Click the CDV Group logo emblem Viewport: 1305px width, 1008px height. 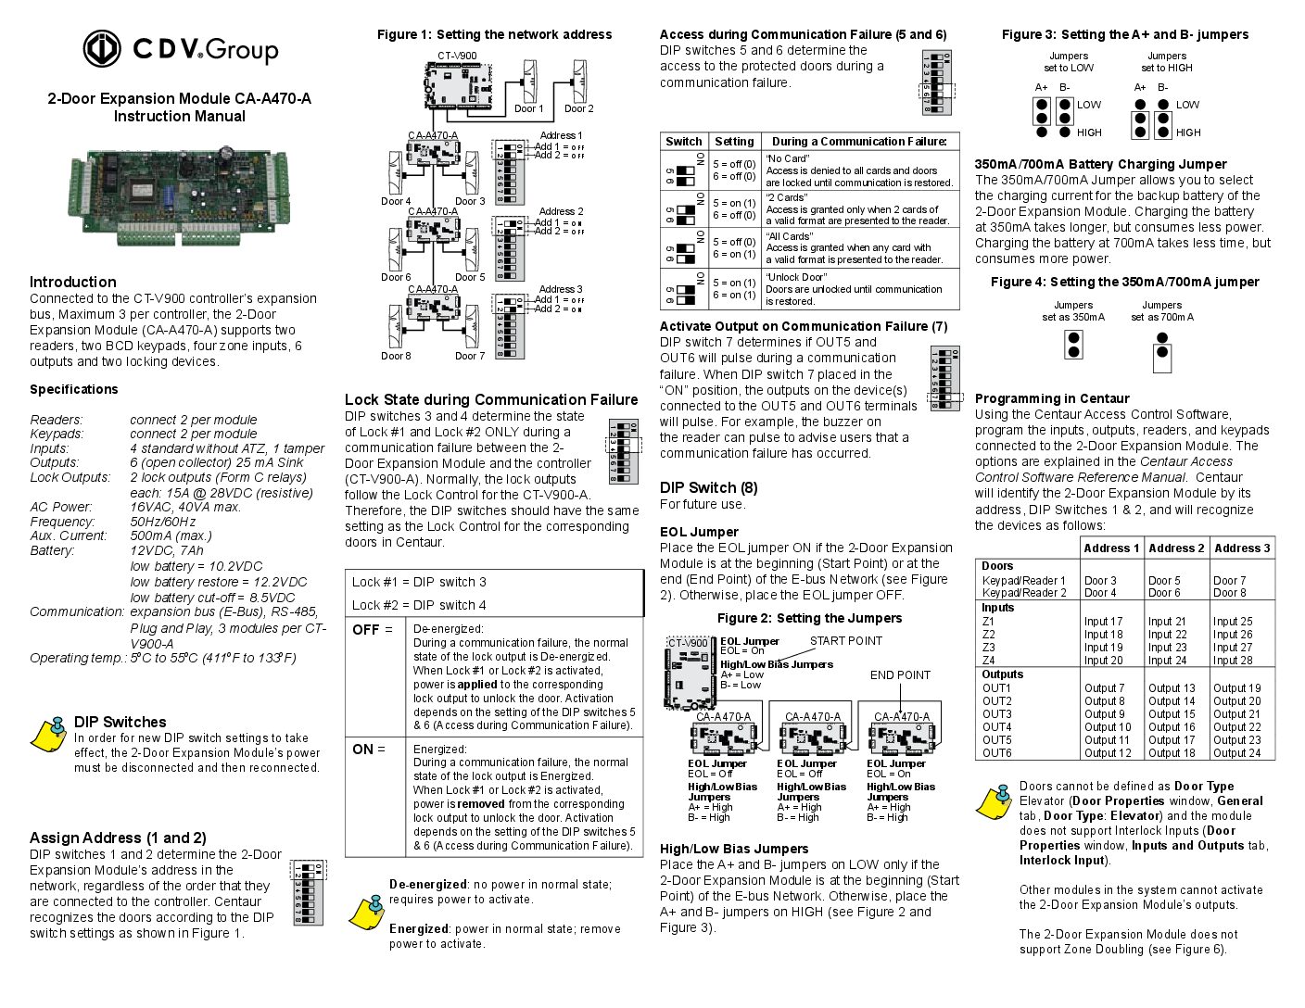click(102, 49)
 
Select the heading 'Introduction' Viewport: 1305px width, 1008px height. click(72, 282)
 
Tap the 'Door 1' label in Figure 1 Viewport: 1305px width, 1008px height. click(529, 108)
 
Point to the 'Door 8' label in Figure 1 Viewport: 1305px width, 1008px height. click(396, 356)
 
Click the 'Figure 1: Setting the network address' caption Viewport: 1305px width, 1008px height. click(494, 34)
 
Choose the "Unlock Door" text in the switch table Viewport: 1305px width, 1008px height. click(796, 277)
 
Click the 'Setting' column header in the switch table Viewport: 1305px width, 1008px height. click(734, 142)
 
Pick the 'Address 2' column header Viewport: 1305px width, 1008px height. click(1176, 548)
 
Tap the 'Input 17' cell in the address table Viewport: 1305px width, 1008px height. click(1103, 622)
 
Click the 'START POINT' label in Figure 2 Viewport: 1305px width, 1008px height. click(845, 640)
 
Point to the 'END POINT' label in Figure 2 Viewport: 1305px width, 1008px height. click(899, 674)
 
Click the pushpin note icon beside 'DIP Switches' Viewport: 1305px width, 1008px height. click(49, 734)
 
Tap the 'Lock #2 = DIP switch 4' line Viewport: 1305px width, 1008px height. click(419, 605)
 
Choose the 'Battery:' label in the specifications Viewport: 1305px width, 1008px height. click(52, 550)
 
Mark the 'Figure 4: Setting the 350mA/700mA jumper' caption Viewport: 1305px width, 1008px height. click(1124, 282)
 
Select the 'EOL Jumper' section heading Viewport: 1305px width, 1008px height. click(699, 532)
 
